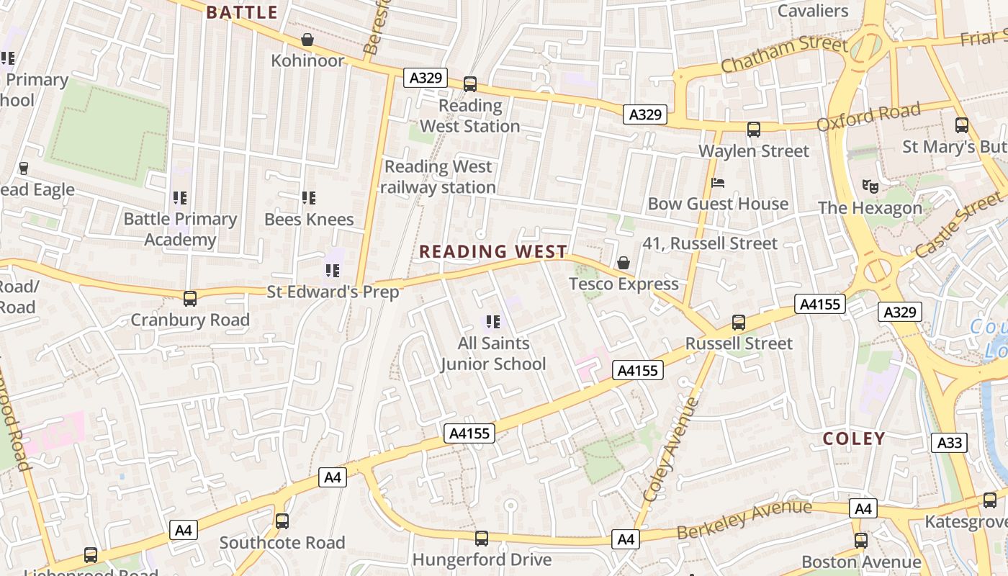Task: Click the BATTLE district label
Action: pyautogui.click(x=242, y=12)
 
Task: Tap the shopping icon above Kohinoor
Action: pyautogui.click(x=307, y=40)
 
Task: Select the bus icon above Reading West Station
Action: pyautogui.click(x=470, y=84)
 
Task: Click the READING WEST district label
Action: pyautogui.click(x=493, y=251)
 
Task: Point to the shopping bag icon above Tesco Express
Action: pyautogui.click(x=624, y=264)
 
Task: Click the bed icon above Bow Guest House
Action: pyautogui.click(x=718, y=183)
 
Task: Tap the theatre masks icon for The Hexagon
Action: pyautogui.click(x=870, y=186)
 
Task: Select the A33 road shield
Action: pyautogui.click(x=949, y=442)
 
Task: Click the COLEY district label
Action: pyautogui.click(x=854, y=438)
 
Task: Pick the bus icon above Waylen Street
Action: pyautogui.click(x=754, y=130)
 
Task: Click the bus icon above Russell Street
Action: pyautogui.click(x=739, y=323)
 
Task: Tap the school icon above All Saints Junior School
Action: pyautogui.click(x=493, y=322)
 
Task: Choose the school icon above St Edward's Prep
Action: pyautogui.click(x=332, y=271)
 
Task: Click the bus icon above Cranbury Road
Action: pyautogui.click(x=190, y=298)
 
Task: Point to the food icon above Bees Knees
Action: pyautogui.click(x=309, y=197)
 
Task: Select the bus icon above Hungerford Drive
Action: pyautogui.click(x=482, y=538)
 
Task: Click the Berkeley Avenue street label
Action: pyautogui.click(x=744, y=520)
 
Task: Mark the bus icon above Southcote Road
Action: pyautogui.click(x=282, y=521)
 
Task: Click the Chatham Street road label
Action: pyautogui.click(x=784, y=54)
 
